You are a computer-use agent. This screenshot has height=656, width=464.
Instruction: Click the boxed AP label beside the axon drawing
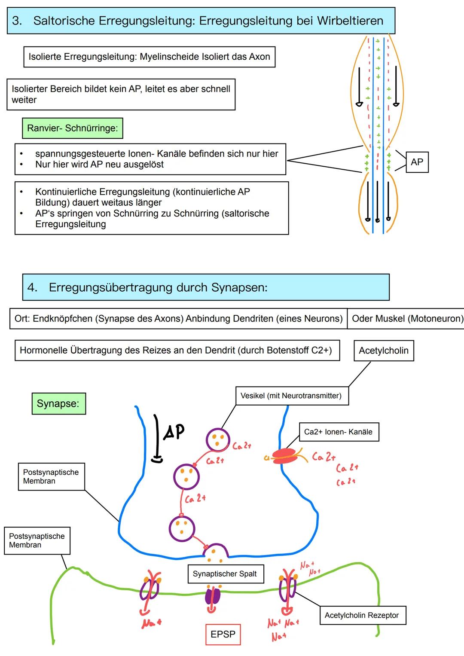(417, 162)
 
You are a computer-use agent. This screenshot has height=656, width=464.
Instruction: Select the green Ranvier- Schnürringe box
(72, 128)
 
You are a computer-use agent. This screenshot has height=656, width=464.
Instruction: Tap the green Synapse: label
(58, 403)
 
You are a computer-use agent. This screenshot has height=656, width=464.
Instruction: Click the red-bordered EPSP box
(223, 634)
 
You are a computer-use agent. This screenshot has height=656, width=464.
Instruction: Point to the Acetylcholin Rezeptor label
(362, 615)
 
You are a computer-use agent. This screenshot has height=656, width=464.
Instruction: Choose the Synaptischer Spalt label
(225, 574)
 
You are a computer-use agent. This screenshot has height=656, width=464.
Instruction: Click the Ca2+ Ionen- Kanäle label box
(338, 432)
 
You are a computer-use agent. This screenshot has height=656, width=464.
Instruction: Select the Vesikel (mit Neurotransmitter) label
(291, 396)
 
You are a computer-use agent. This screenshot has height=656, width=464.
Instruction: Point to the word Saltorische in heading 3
(64, 21)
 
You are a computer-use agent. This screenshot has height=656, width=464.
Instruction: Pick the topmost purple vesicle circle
(218, 440)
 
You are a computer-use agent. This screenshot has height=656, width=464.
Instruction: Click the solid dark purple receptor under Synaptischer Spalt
(212, 596)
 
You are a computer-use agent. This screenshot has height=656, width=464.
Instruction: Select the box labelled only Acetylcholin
(383, 351)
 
